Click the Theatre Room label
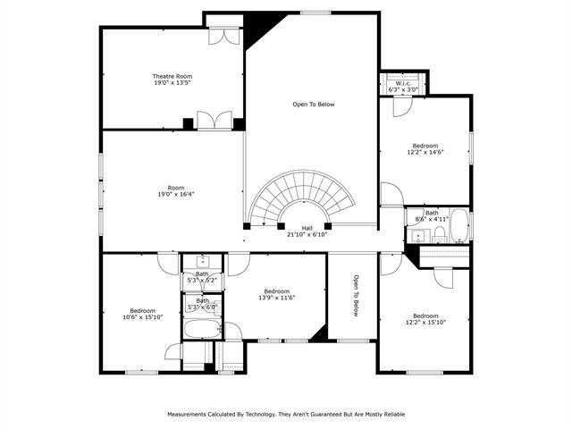click(x=172, y=77)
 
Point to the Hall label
click(x=307, y=228)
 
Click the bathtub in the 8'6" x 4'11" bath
click(x=458, y=226)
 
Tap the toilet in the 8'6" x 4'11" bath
click(x=439, y=234)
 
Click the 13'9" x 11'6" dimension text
click(x=276, y=297)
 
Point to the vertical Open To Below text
click(x=355, y=296)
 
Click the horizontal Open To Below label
click(x=313, y=105)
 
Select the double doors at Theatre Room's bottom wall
click(x=214, y=122)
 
